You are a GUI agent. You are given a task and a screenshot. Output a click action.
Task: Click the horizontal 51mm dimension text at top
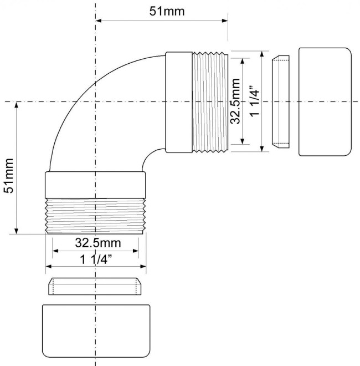coord(167,11)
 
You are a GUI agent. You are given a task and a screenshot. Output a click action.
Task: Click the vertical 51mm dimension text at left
coord(9,176)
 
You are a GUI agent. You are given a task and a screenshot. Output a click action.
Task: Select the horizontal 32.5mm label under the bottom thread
coord(98,243)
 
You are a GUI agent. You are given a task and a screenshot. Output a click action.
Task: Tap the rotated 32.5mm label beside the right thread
coord(235,101)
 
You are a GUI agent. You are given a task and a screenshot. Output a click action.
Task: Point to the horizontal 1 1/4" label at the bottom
coord(96,260)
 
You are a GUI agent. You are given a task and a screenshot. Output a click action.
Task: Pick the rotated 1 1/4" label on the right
coord(254,101)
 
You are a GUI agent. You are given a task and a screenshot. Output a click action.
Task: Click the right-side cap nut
coord(325,102)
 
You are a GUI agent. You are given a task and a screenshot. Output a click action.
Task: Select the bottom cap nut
coord(96,331)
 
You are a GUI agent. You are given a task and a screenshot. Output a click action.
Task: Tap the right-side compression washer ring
coord(281,102)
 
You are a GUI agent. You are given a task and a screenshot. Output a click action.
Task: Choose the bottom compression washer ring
coord(95,286)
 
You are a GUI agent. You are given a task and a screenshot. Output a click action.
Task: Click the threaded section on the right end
coord(210,102)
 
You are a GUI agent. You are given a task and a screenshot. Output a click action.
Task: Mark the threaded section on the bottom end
coord(95,216)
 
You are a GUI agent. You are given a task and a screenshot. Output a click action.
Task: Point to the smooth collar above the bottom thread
coord(95,185)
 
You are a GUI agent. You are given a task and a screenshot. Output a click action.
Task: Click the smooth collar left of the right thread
coord(179,102)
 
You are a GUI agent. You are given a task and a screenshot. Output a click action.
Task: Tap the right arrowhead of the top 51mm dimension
coord(225,21)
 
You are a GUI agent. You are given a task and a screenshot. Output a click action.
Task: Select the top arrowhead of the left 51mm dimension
coord(16,105)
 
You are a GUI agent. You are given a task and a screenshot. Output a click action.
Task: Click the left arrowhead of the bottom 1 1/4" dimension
coord(49,266)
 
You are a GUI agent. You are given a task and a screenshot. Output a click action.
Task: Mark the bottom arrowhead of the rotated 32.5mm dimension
coord(243,141)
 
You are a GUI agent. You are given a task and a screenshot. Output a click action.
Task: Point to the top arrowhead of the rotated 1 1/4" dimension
coord(262,54)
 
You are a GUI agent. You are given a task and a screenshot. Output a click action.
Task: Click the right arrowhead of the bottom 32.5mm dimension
coord(136,251)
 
